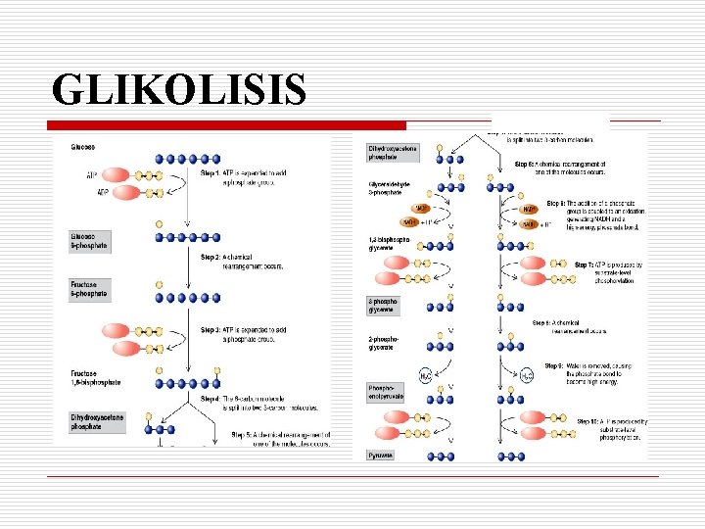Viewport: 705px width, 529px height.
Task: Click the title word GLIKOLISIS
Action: (179, 89)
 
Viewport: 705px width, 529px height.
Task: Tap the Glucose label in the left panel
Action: (82, 148)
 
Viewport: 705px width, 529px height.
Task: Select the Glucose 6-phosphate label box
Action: (88, 240)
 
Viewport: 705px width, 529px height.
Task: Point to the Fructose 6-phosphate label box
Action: (88, 289)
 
